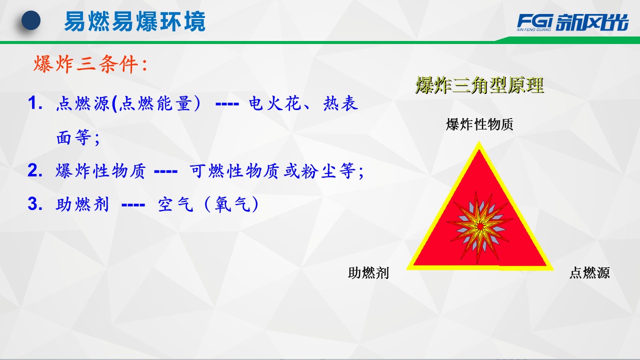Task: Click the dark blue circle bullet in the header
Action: (x=31, y=20)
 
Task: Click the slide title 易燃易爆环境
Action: (x=135, y=21)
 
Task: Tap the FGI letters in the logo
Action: (x=535, y=20)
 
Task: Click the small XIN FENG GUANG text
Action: (x=533, y=29)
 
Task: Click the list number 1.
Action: (x=35, y=103)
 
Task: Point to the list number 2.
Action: (x=35, y=170)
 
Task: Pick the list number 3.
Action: (x=35, y=203)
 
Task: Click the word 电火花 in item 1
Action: (x=274, y=103)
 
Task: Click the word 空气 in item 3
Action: (x=175, y=204)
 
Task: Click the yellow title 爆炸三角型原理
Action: (x=479, y=85)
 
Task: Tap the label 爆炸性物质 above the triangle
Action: (x=479, y=124)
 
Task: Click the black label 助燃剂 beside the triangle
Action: (x=368, y=272)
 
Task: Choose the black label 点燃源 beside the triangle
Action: (x=589, y=272)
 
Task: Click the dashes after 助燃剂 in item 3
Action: (x=133, y=205)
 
